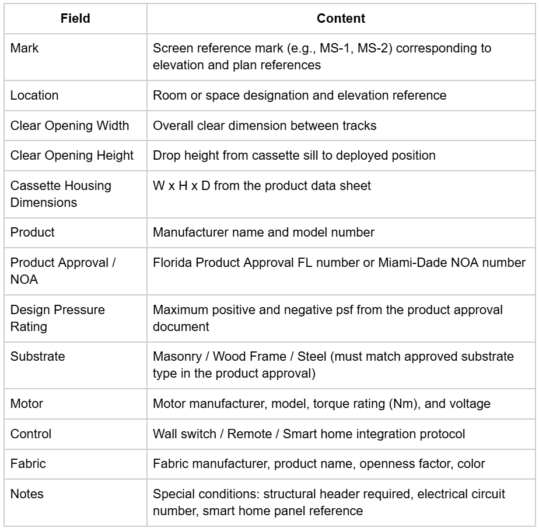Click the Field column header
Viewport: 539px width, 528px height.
(75, 19)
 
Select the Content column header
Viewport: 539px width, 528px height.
(341, 19)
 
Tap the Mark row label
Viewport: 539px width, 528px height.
(21, 49)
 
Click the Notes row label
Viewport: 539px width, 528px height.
(24, 494)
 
